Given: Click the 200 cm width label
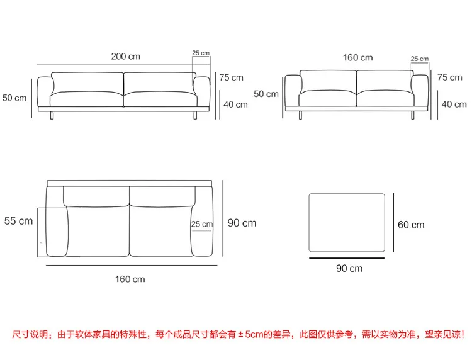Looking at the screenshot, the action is (x=125, y=56).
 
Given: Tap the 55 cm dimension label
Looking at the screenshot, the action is (x=18, y=221).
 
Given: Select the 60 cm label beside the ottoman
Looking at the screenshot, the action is (x=411, y=225).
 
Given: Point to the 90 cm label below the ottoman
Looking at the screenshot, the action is (x=349, y=268).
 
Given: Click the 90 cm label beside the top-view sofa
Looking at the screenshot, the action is (x=242, y=223).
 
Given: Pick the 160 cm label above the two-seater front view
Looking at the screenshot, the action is (x=357, y=57).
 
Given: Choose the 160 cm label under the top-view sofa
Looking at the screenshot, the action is (x=130, y=279).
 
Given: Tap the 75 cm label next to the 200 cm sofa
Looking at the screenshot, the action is (x=231, y=77).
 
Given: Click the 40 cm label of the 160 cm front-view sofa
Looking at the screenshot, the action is (x=454, y=104).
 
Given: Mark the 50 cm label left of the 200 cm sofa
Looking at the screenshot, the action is (x=14, y=98).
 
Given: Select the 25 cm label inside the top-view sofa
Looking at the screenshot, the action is (x=202, y=224).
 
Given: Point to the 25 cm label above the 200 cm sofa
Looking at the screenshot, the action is (x=201, y=53).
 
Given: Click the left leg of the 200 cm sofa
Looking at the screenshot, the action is (x=52, y=115).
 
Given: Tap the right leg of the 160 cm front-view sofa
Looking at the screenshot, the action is (x=412, y=115).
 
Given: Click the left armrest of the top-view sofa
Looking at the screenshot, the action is (x=57, y=222).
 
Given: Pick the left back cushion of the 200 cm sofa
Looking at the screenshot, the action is (x=87, y=82).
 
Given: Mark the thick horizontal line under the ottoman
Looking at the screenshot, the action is (x=347, y=258).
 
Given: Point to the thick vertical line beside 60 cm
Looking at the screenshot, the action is (x=393, y=222).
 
